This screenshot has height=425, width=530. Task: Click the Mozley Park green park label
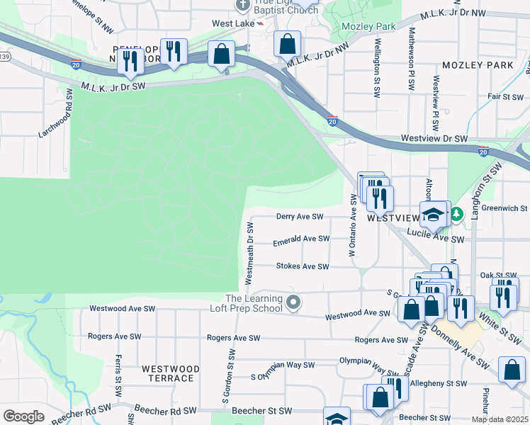[368, 26]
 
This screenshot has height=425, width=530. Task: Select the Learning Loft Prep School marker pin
[294, 303]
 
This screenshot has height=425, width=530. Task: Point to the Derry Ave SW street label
[299, 217]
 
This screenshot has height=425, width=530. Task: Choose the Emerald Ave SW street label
[302, 239]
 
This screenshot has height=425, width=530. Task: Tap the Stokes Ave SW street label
[303, 267]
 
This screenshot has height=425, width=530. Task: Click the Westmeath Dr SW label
[249, 253]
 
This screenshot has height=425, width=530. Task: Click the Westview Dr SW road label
[431, 140]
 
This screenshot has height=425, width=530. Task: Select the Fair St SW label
[504, 96]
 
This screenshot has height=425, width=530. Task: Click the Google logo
[23, 416]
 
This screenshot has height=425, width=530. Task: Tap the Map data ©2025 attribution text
[500, 419]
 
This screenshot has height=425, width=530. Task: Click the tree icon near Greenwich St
[457, 212]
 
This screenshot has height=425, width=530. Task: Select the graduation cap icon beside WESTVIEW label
[433, 213]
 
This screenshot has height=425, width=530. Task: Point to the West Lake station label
[232, 23]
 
